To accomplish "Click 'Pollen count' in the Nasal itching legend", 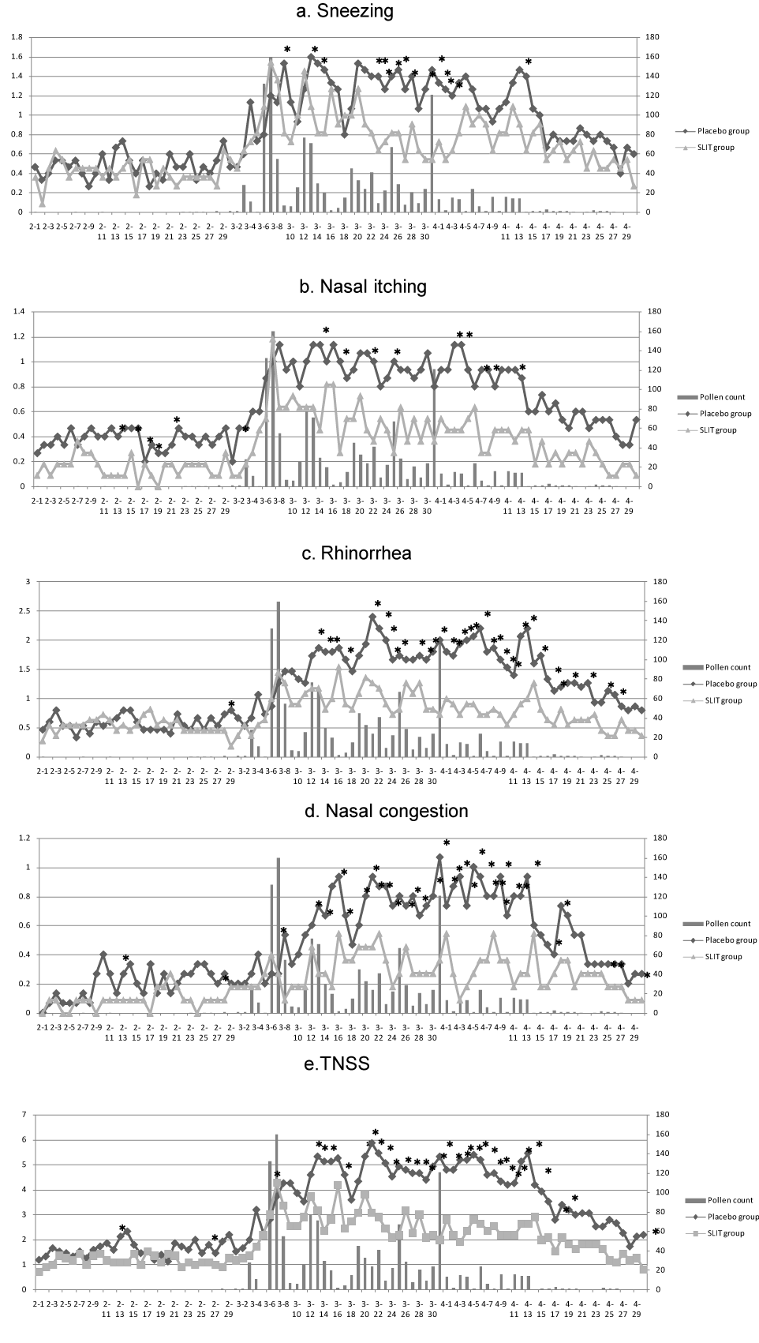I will [x=723, y=397].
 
